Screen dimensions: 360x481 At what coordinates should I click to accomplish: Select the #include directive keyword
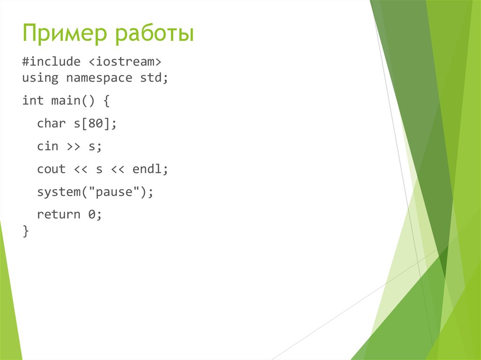pyautogui.click(x=47, y=62)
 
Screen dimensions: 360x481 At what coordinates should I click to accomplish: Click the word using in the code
pyautogui.click(x=40, y=77)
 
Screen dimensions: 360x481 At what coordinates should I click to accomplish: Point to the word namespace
pyautogui.click(x=99, y=77)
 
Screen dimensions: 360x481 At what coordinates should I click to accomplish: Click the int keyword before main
pyautogui.click(x=33, y=100)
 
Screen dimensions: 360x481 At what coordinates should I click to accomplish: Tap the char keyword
pyautogui.click(x=51, y=123)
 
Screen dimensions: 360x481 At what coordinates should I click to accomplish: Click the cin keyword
pyautogui.click(x=47, y=146)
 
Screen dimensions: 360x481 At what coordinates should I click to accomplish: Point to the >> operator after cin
pyautogui.click(x=73, y=147)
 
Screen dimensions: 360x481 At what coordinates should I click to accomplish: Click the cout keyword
pyautogui.click(x=51, y=169)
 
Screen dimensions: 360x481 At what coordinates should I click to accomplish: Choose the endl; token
pyautogui.click(x=150, y=169)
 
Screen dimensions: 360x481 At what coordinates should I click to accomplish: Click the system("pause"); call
pyautogui.click(x=95, y=192)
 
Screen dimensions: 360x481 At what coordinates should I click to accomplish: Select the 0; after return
pyautogui.click(x=95, y=215)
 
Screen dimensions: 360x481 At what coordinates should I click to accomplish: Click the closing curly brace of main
pyautogui.click(x=25, y=231)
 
